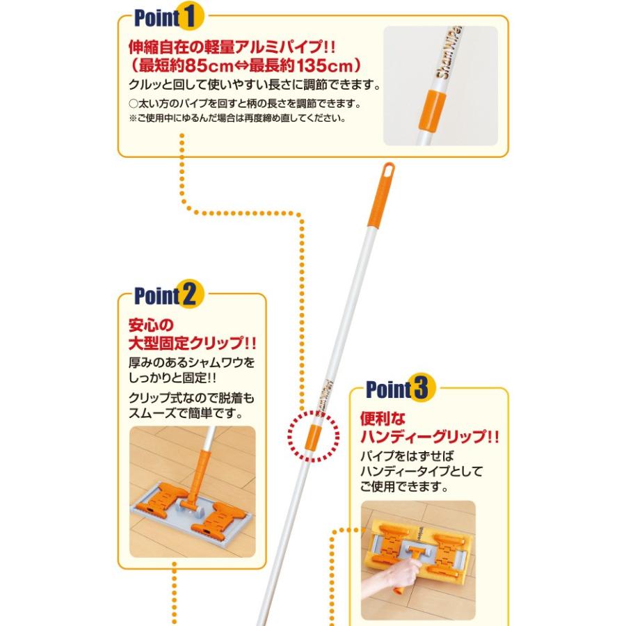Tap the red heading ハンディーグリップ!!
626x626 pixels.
point(430,438)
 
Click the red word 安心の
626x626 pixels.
point(150,325)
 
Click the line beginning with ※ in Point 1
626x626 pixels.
point(236,118)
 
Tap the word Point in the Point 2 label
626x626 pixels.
point(156,296)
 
